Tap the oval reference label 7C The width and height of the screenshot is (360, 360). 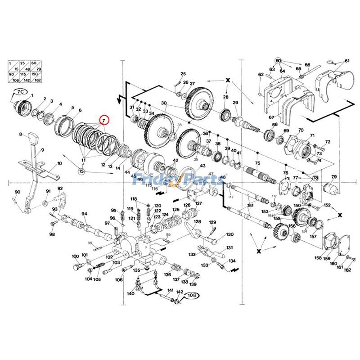20,91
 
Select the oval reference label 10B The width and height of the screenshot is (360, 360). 192,295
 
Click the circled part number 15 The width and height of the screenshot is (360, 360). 82,171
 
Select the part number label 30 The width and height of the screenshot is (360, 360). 164,103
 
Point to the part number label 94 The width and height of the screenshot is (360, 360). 84,214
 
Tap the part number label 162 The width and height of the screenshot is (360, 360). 347,270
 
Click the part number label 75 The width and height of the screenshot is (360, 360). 257,163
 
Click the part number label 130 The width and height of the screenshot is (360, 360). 229,234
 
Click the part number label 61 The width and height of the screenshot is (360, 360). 347,61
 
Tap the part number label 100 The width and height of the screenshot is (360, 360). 75,256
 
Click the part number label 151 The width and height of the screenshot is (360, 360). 250,206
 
